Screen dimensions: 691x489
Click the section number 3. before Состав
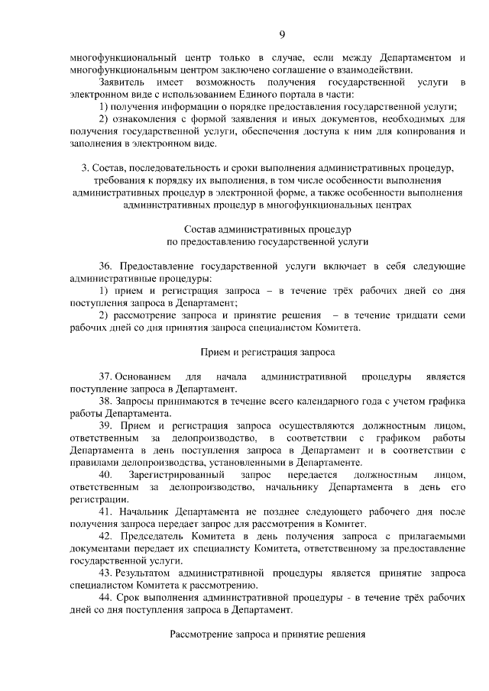tap(85, 167)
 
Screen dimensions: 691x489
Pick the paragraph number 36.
tap(105, 266)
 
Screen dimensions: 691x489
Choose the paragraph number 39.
tap(105, 425)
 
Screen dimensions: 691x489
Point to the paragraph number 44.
tap(105, 597)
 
